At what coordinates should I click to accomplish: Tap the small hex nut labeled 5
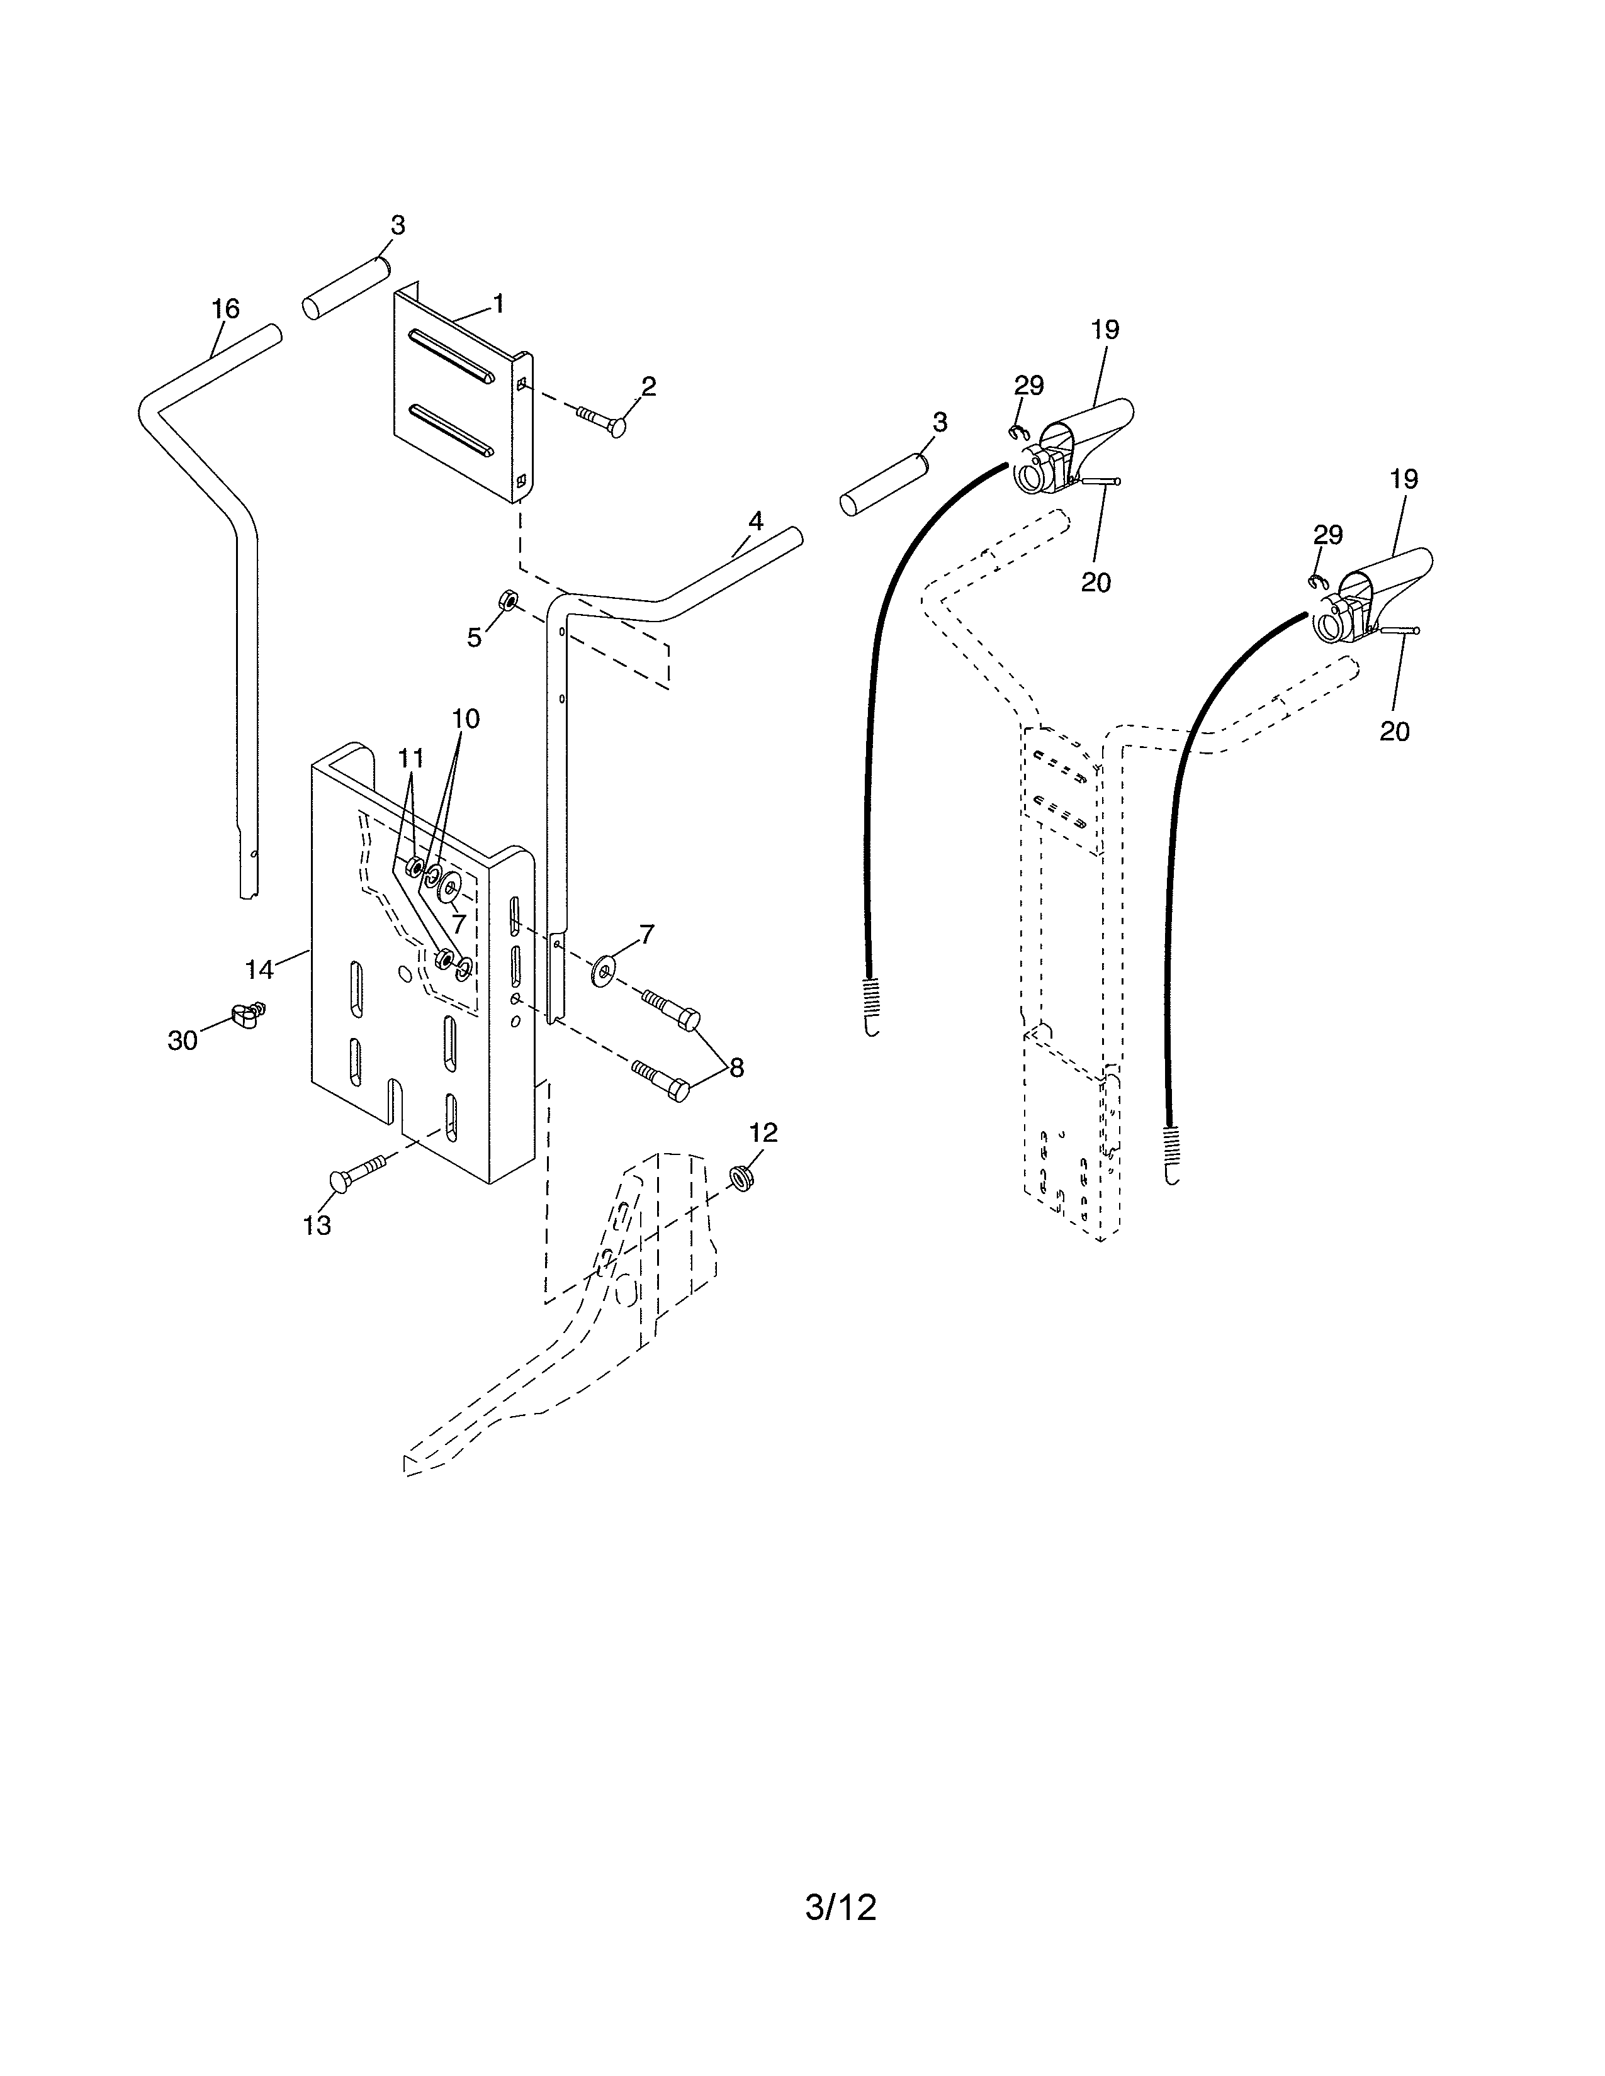[509, 601]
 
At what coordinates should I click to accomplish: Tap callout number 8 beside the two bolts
[736, 1068]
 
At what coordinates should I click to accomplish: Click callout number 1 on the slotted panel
[498, 304]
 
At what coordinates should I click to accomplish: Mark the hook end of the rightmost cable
[1173, 1175]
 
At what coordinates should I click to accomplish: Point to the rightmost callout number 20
[1394, 731]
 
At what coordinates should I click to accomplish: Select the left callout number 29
[1029, 385]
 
